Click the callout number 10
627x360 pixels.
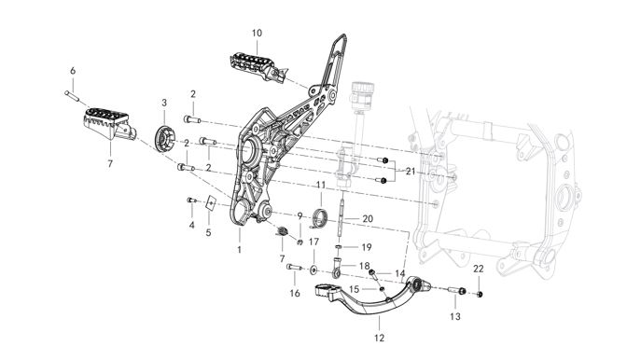[x=257, y=33]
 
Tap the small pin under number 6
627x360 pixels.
[x=73, y=96]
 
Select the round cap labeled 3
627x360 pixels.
[x=164, y=138]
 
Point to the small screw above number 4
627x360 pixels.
[x=191, y=201]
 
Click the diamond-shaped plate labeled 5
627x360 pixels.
[x=211, y=203]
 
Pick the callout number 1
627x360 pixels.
[x=239, y=250]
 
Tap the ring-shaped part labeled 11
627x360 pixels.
[x=320, y=217]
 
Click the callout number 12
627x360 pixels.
[x=379, y=338]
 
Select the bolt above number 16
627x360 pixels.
[x=294, y=267]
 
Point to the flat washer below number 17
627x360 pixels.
[x=313, y=270]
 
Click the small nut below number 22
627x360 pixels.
[x=480, y=294]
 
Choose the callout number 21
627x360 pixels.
[x=411, y=172]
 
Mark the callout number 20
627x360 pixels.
[x=368, y=218]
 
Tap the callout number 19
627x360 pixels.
[x=367, y=247]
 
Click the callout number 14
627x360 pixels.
[x=400, y=273]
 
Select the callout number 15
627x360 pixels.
[x=355, y=289]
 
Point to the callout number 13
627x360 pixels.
[x=455, y=316]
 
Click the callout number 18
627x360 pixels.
[x=364, y=266]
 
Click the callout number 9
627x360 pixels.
[x=300, y=216]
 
